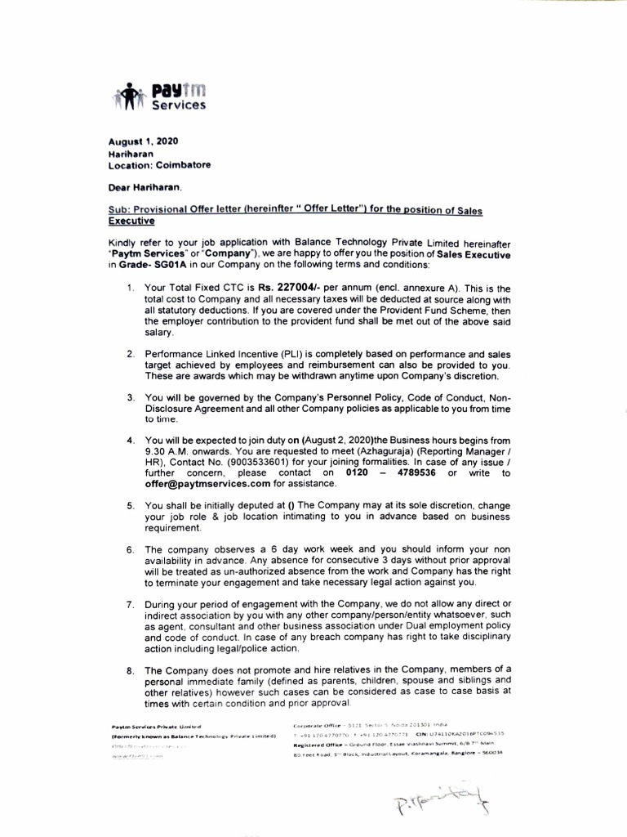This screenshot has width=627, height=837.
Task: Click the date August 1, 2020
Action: tap(143, 141)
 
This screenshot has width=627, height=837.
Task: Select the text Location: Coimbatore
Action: tap(159, 164)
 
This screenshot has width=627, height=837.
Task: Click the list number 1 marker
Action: tap(131, 288)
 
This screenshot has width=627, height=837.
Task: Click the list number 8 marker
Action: tap(131, 669)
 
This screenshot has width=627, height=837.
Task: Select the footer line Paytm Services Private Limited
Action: tap(155, 726)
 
